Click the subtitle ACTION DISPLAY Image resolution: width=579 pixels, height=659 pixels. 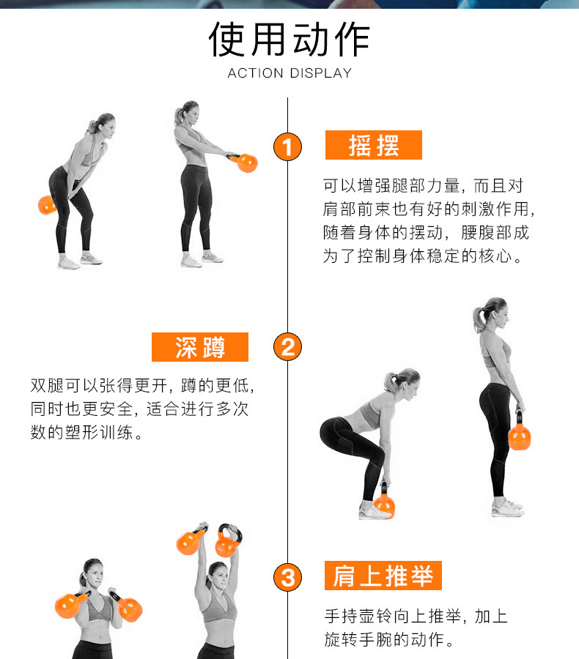click(x=289, y=73)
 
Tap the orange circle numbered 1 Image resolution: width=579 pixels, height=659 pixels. click(x=287, y=146)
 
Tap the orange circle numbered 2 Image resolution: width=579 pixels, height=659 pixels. click(x=287, y=347)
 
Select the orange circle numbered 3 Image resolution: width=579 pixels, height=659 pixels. click(x=287, y=577)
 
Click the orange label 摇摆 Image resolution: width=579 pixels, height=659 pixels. click(x=374, y=145)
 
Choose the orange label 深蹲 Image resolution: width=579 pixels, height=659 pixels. click(x=200, y=347)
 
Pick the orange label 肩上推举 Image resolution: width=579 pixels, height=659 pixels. click(x=383, y=576)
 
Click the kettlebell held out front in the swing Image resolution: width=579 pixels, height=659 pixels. click(x=245, y=163)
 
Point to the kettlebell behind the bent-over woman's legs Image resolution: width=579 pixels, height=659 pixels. click(x=47, y=205)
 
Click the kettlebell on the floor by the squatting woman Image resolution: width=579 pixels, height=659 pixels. click(x=384, y=502)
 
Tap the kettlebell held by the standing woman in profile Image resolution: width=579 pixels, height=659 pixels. click(x=520, y=433)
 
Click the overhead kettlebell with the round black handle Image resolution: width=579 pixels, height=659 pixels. click(x=228, y=541)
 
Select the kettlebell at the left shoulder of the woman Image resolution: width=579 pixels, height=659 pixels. click(x=70, y=604)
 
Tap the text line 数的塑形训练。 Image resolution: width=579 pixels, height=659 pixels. click(x=86, y=432)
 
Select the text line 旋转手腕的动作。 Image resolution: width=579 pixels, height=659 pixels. click(x=390, y=639)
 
